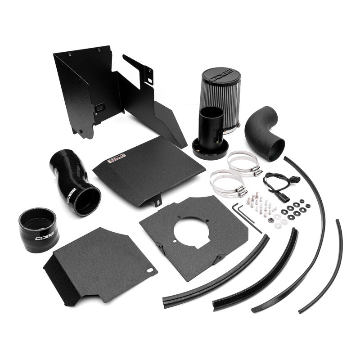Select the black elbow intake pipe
point(266,133)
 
